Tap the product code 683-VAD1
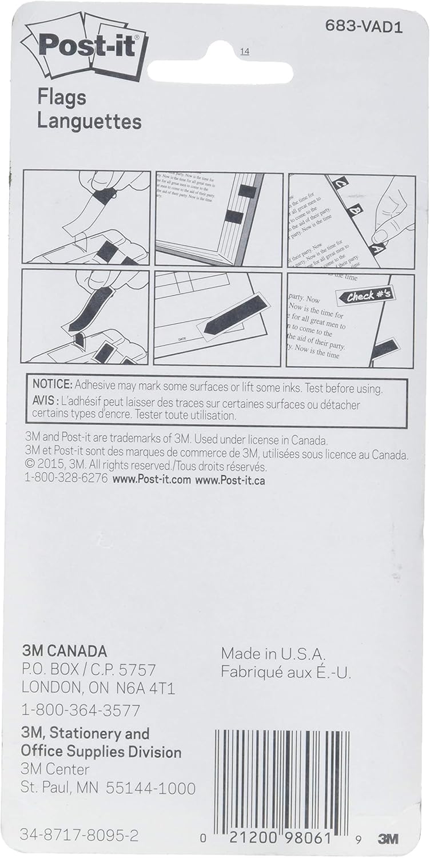(364, 27)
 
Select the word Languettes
(89, 121)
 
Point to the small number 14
(245, 52)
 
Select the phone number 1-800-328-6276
(66, 479)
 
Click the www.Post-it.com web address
(152, 479)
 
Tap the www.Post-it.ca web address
(230, 479)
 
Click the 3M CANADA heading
(64, 651)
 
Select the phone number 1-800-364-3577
(81, 710)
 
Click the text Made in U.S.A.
(273, 654)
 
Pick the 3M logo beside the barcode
(388, 840)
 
